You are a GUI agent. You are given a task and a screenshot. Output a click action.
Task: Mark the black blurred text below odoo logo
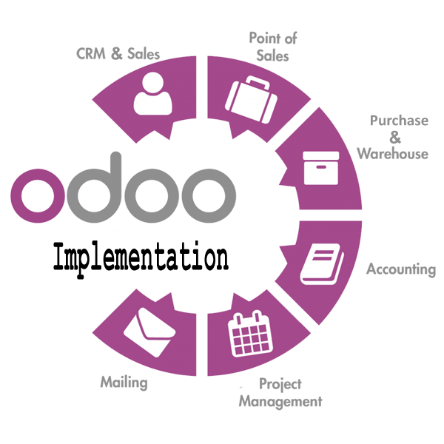pos(140,258)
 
